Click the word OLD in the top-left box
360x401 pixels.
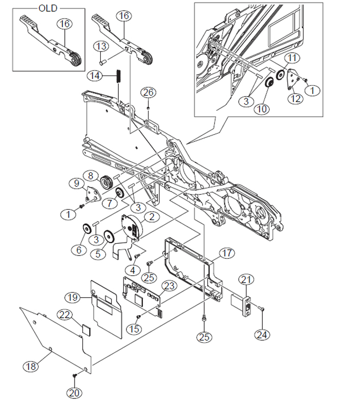pos(48,8)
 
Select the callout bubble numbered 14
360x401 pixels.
pos(95,76)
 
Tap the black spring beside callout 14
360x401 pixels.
pos(118,76)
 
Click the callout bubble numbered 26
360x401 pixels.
pos(149,93)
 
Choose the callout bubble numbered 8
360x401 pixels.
pos(91,176)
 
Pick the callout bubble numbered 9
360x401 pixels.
pos(77,184)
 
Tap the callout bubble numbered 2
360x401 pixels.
pos(152,217)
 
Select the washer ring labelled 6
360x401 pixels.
pos(87,228)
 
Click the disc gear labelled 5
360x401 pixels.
pos(110,235)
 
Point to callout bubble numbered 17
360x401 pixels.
pos(227,253)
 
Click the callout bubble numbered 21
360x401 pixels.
pos(246,280)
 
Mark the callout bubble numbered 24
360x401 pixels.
pos(262,335)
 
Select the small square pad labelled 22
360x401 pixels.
pos(86,329)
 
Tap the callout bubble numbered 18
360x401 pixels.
pos(31,367)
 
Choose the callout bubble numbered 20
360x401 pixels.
pos(74,393)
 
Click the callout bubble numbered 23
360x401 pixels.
pos(169,286)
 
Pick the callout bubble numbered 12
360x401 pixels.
pos(296,99)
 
